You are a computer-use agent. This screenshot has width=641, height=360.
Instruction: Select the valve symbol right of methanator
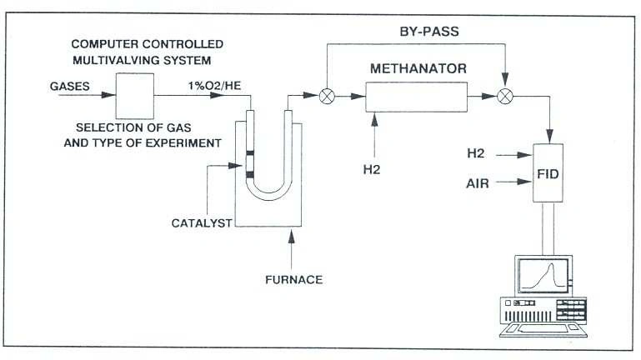[504, 97]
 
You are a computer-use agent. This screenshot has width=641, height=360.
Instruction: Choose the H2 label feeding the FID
[477, 153]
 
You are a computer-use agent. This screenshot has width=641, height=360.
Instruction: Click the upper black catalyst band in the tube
[248, 154]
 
